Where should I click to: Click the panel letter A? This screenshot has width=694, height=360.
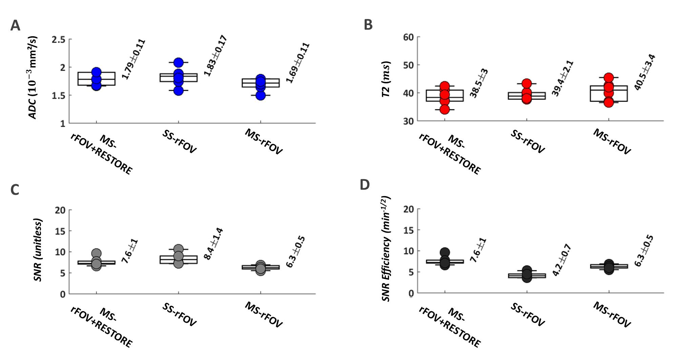pos(15,26)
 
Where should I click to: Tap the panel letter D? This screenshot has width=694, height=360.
pos(365,185)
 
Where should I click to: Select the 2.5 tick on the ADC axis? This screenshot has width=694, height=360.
pos(58,40)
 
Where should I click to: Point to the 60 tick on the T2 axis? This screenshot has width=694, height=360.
pos(408,37)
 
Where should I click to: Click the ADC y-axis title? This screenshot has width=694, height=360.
pos(33,78)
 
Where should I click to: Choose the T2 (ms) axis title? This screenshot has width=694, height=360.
pos(386,79)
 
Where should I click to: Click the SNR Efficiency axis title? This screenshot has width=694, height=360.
pos(386,249)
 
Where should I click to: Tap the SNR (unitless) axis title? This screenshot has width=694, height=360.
pos(38,250)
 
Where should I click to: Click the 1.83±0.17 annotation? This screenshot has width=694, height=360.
pos(215,56)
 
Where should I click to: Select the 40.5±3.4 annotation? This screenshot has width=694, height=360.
pos(645,72)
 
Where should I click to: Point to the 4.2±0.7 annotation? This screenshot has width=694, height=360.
pos(562,260)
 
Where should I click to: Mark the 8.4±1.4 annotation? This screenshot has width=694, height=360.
pos(213,244)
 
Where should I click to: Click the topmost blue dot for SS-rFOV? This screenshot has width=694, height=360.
pos(178,63)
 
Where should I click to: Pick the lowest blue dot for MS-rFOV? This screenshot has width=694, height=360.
pos(260,95)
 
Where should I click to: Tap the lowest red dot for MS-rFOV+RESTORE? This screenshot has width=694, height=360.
pos(445,109)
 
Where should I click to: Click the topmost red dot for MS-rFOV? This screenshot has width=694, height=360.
pos(609,78)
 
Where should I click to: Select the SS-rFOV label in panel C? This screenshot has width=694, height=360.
pos(179,315)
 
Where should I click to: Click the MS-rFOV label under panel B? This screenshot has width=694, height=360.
pos(612,142)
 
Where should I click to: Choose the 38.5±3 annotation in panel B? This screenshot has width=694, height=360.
pos(479,83)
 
